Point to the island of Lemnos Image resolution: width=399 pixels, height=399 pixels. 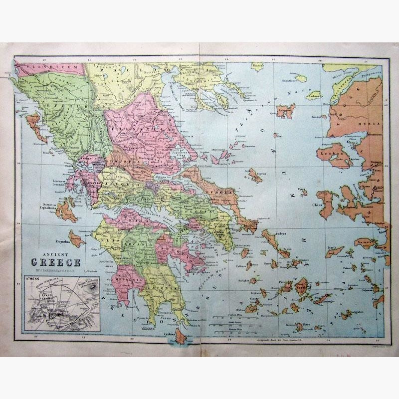(x=286, y=111)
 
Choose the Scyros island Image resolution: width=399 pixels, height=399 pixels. (x=255, y=175)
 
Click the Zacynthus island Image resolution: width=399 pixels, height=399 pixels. (x=76, y=239)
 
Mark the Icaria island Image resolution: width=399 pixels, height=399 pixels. (x=334, y=250)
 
